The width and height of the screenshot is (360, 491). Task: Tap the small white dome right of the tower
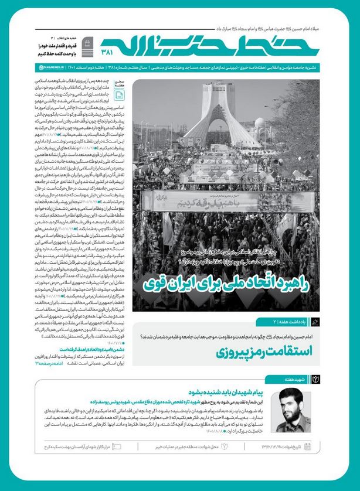(259, 124)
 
